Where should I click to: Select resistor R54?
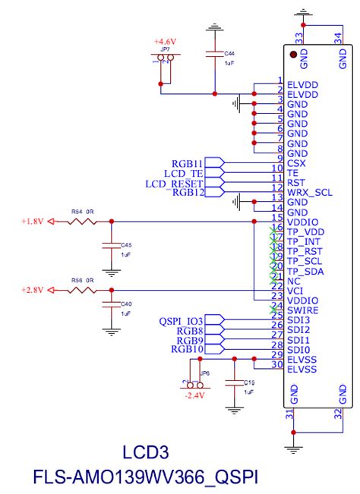click(x=81, y=222)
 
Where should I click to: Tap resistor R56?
click(x=81, y=291)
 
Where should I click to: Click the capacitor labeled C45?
click(x=113, y=246)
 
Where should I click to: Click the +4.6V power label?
click(x=165, y=40)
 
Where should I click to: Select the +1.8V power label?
click(x=34, y=222)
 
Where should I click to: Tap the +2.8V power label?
click(x=34, y=291)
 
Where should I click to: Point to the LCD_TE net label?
click(x=184, y=174)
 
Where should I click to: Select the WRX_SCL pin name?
click(x=310, y=192)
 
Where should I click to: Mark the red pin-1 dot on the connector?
click(x=292, y=55)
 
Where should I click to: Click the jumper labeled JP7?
click(x=165, y=58)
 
